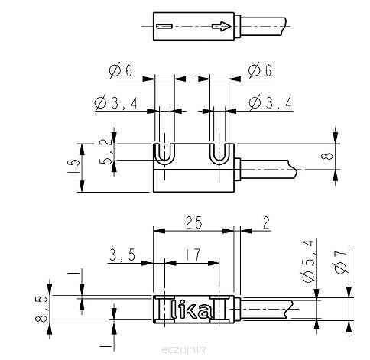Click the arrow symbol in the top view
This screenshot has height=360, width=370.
pyautogui.click(x=222, y=26)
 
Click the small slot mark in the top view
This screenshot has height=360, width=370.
pyautogui.click(x=164, y=26)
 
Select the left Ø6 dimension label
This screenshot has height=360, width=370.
pyautogui.click(x=121, y=70)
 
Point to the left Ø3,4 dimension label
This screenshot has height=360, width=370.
pyautogui.click(x=116, y=103)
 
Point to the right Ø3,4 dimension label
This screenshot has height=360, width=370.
pyautogui.click(x=271, y=103)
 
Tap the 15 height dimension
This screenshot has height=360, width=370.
pyautogui.click(x=73, y=166)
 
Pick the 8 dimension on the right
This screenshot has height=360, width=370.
pyautogui.click(x=329, y=156)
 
